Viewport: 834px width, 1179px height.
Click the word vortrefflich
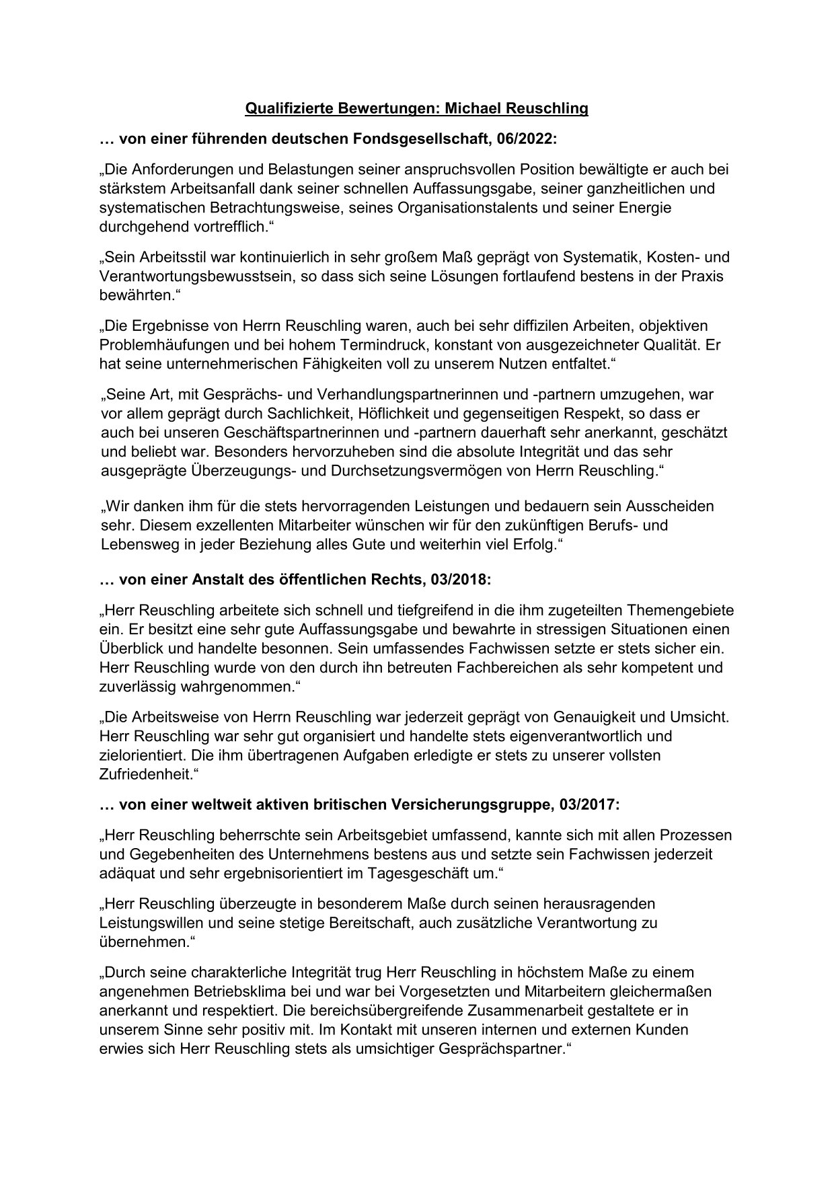tap(222, 227)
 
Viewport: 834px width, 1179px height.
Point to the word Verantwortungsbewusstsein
tap(194, 276)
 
